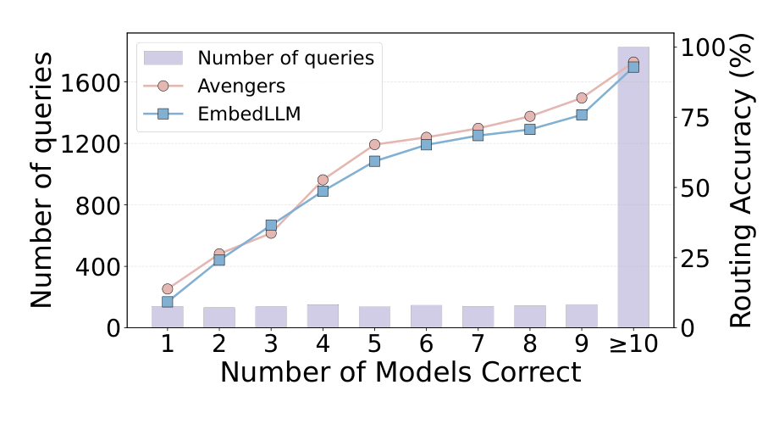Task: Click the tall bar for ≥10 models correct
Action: click(633, 187)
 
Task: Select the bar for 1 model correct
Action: click(168, 317)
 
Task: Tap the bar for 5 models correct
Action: click(374, 317)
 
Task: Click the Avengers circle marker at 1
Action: click(168, 288)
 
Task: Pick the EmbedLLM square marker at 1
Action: click(168, 302)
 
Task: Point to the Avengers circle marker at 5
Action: click(374, 145)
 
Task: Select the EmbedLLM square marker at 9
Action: click(582, 115)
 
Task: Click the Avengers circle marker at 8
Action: click(529, 116)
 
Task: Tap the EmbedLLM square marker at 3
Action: click(271, 226)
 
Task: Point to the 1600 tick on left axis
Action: click(91, 82)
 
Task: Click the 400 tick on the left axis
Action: click(98, 266)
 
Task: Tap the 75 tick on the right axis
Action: click(694, 118)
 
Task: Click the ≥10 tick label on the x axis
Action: click(633, 344)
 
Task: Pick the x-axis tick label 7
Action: click(478, 344)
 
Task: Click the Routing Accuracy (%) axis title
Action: click(741, 180)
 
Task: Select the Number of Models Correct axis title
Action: click(401, 372)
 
